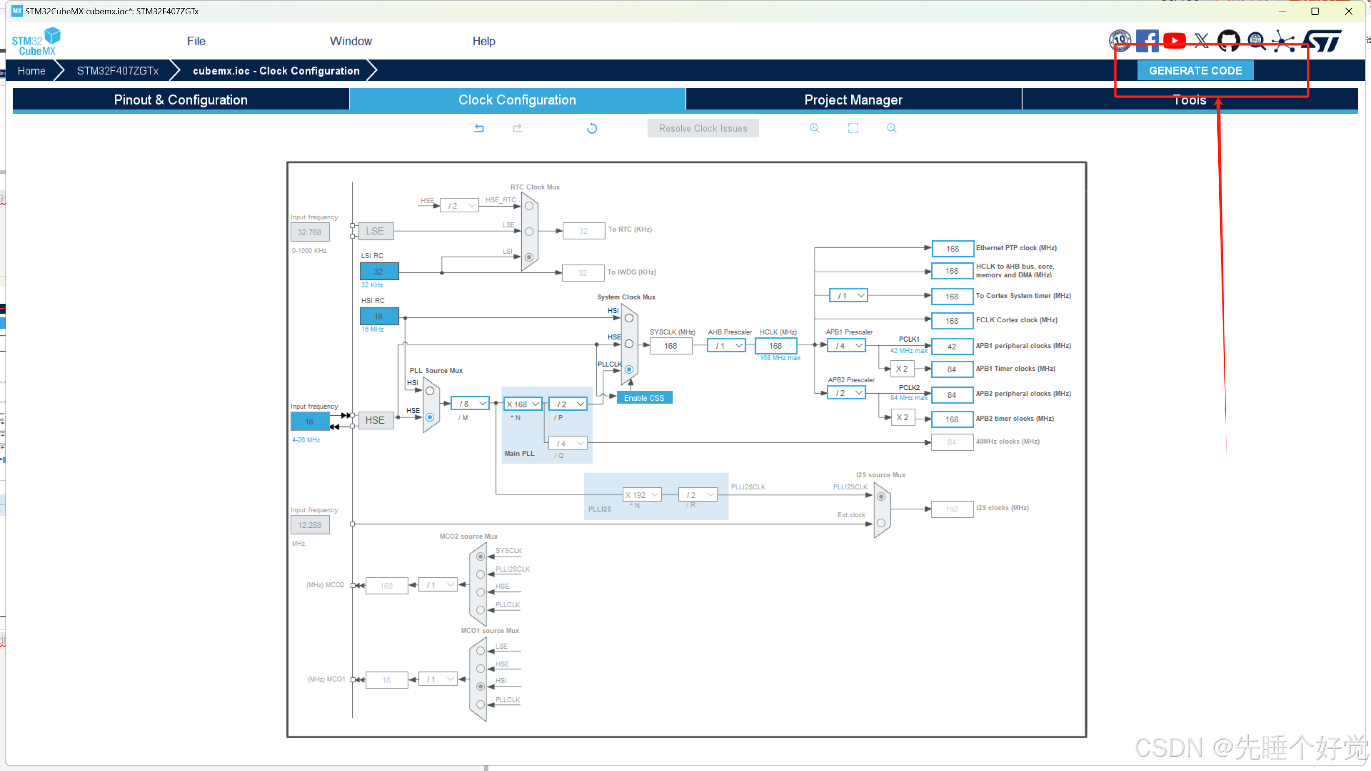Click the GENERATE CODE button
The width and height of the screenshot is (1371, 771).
coord(1195,71)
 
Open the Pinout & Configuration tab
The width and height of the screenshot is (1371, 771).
coord(180,100)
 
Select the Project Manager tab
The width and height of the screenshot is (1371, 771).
coord(853,100)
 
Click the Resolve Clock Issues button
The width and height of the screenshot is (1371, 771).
coord(703,128)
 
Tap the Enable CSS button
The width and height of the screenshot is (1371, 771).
coord(644,398)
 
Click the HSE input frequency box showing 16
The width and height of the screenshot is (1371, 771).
coord(309,421)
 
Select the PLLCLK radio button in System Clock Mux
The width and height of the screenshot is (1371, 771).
coord(628,369)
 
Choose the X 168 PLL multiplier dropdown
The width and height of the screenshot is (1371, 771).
coord(523,405)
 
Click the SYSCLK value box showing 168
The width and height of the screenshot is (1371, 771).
coord(670,346)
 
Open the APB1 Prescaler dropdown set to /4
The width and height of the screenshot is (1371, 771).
coord(847,346)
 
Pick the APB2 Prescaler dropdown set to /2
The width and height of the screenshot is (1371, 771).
coord(847,393)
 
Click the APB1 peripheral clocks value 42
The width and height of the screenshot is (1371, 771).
coord(952,346)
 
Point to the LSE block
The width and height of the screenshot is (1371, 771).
coord(375,231)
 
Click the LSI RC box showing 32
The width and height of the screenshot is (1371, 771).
coord(378,271)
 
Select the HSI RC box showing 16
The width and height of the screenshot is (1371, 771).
coord(378,316)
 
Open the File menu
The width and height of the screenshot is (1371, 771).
coord(196,41)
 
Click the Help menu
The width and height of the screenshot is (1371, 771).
coord(483,41)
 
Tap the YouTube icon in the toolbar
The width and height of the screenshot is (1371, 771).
coord(1174,40)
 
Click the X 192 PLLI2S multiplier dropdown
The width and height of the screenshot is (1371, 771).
coord(641,495)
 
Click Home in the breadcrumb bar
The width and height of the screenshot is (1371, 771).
coord(31,71)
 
